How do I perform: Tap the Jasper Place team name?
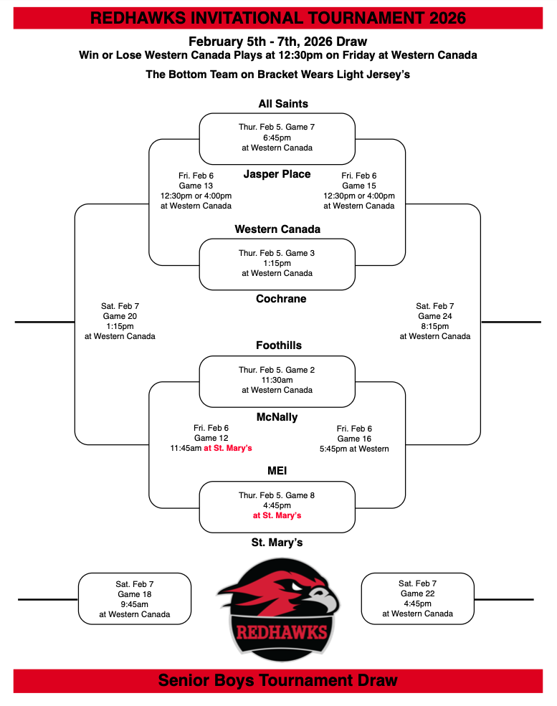pos(277,174)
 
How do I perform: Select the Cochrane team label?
pos(281,299)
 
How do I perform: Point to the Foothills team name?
pos(279,345)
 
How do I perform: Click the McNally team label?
pos(277,417)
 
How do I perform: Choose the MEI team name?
pos(277,470)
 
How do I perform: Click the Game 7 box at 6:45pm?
pos(277,138)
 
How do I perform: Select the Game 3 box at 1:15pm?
pos(277,263)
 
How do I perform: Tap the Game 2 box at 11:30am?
pos(277,380)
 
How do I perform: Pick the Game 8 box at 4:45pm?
pos(277,505)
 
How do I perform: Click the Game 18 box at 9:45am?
pos(135,599)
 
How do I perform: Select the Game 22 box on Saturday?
pos(417,598)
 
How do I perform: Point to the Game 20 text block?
pos(120,321)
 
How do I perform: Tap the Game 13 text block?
pos(196,191)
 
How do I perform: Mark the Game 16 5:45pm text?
pos(354,439)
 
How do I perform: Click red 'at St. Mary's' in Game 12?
pos(228,449)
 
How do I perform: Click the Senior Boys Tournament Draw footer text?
pos(278,680)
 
